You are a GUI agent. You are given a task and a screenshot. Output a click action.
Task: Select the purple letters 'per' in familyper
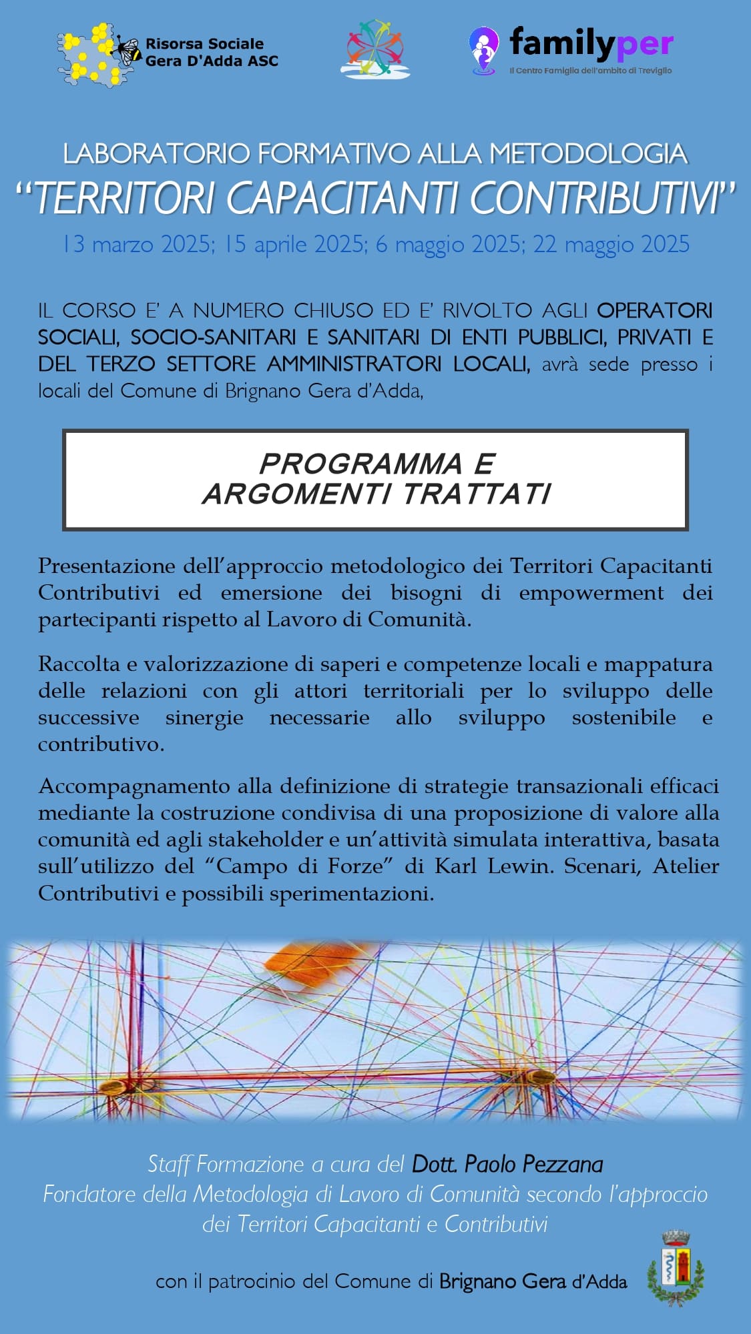pyautogui.click(x=644, y=45)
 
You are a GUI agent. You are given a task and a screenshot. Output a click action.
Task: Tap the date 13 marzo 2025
pyautogui.click(x=137, y=245)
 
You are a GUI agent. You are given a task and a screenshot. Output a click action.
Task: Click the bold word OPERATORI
pyautogui.click(x=654, y=310)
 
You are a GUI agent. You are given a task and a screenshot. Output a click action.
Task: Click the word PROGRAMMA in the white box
pyautogui.click(x=360, y=464)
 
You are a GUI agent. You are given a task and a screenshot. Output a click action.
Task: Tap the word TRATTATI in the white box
pyautogui.click(x=477, y=494)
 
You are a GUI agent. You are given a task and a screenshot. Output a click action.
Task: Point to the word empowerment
pyautogui.click(x=591, y=592)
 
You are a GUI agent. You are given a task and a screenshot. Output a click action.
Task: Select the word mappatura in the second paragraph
pyautogui.click(x=658, y=664)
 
